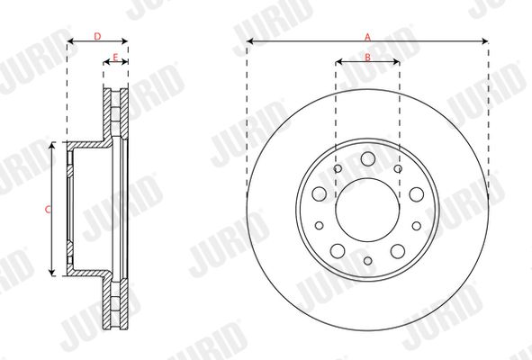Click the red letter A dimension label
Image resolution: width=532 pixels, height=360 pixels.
pyautogui.click(x=368, y=37)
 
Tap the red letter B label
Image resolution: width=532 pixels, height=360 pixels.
pyautogui.click(x=368, y=58)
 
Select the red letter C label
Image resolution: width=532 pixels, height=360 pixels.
pyautogui.click(x=48, y=210)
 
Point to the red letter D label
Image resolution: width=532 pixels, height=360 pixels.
pyautogui.click(x=97, y=36)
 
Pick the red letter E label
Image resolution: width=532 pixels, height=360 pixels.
pyautogui.click(x=115, y=58)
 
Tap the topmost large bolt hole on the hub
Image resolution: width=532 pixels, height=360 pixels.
pyautogui.click(x=368, y=158)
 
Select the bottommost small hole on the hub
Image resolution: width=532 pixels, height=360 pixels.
pyautogui.click(x=368, y=261)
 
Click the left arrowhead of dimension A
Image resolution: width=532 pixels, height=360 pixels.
pyautogui.click(x=250, y=41)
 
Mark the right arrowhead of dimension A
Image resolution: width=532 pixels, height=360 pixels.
pyautogui.click(x=485, y=41)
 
